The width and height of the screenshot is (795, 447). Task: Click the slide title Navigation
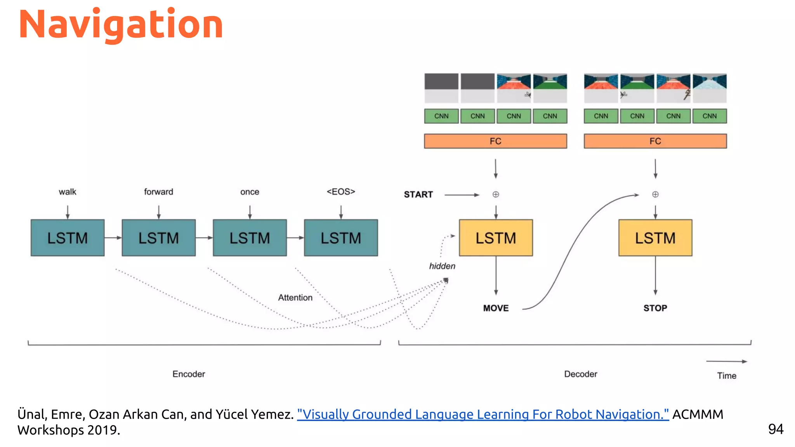121,25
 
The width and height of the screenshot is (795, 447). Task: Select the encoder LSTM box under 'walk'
68,238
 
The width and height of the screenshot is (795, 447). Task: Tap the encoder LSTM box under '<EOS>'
341,238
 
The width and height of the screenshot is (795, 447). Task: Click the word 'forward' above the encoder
158,192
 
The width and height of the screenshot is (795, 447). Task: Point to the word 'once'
250,192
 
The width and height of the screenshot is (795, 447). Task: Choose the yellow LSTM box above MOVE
496,238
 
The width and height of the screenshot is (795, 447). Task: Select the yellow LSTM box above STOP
655,238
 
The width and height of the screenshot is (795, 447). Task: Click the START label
418,194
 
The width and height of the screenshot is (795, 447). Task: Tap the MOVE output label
496,308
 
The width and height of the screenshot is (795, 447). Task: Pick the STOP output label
655,308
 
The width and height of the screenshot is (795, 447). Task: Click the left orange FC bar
495,141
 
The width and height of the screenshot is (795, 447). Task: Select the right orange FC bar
655,141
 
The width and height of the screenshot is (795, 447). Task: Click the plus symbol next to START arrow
496,194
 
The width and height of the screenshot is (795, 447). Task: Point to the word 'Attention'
295,298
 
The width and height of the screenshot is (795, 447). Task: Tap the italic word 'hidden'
442,266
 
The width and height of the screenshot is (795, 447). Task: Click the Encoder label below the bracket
189,374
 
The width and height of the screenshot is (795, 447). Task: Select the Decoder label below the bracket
580,374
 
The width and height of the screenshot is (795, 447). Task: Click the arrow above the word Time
726,361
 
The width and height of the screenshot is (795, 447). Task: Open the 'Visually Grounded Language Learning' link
483,414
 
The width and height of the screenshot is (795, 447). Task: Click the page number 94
776,429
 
